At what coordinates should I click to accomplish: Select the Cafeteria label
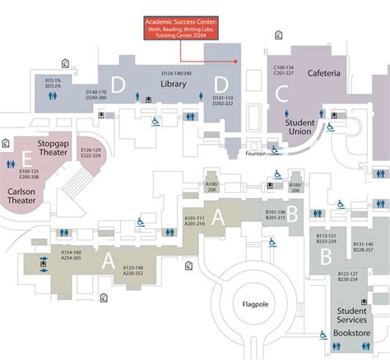pos(323,73)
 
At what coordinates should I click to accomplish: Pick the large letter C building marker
pos(282,94)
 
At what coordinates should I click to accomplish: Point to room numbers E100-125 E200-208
pos(29,173)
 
